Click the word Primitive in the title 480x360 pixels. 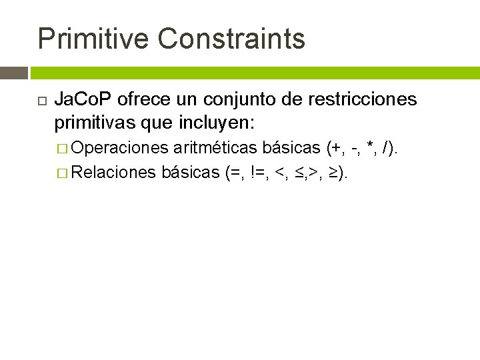[x=93, y=39]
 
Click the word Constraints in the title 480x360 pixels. [x=231, y=39]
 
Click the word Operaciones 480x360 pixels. [x=120, y=148]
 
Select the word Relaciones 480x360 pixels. [x=115, y=173]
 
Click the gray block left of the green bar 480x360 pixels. [x=14, y=73]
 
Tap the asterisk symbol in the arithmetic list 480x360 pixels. [x=369, y=147]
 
